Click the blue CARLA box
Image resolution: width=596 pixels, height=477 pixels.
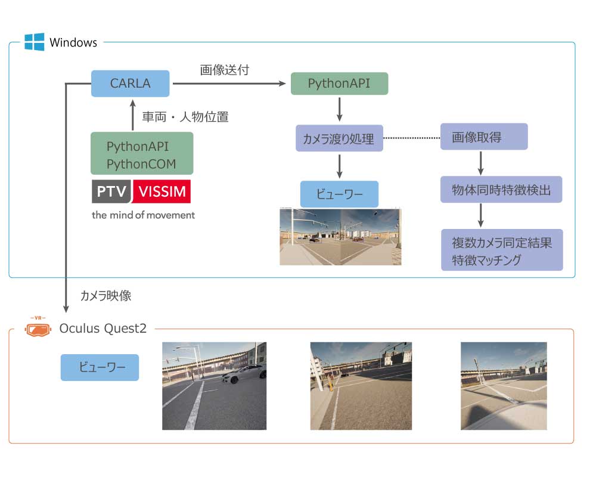(130, 83)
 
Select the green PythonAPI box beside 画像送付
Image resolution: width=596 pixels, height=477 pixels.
(339, 83)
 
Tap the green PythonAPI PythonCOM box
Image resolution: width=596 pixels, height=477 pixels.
(142, 154)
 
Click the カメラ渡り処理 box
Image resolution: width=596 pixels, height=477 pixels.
(339, 139)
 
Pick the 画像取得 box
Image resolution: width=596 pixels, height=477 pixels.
(484, 137)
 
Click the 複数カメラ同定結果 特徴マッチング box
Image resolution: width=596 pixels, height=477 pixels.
(501, 250)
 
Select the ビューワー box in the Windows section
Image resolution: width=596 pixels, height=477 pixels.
(339, 194)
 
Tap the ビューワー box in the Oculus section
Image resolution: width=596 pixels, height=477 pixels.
(100, 367)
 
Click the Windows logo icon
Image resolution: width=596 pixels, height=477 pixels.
(34, 42)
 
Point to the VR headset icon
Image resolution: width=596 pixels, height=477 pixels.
(38, 328)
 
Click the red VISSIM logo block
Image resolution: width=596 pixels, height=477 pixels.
(162, 191)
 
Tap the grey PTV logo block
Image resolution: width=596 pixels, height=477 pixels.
(111, 191)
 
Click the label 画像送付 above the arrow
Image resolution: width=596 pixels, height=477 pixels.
(224, 70)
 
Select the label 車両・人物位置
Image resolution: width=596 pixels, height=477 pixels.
(185, 117)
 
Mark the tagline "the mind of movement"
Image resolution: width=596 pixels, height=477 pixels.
(143, 215)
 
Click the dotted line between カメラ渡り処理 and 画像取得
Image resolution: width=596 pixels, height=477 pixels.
(411, 138)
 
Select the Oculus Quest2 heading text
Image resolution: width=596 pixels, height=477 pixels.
(103, 328)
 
